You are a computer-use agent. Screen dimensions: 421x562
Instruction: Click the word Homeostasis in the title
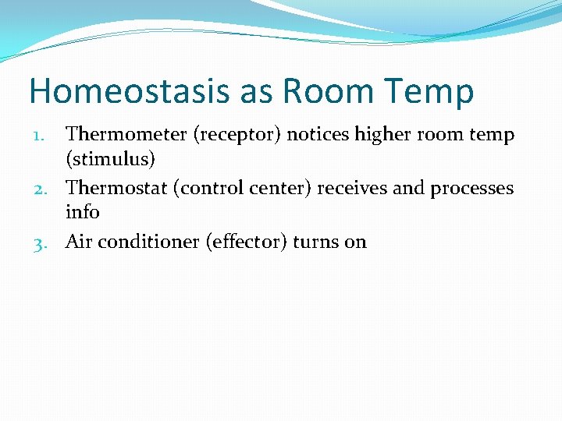pos(130,91)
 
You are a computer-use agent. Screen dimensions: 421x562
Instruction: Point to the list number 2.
pos(44,189)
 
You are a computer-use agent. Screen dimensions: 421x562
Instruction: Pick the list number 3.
pos(44,243)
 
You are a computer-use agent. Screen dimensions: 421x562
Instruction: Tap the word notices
pos(318,135)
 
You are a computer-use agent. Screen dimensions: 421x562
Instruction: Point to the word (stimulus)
pos(111,160)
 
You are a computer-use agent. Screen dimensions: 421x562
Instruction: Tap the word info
pos(83,212)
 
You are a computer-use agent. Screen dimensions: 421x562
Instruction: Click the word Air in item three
pos(80,242)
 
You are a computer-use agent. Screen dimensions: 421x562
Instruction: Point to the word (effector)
pos(247,242)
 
